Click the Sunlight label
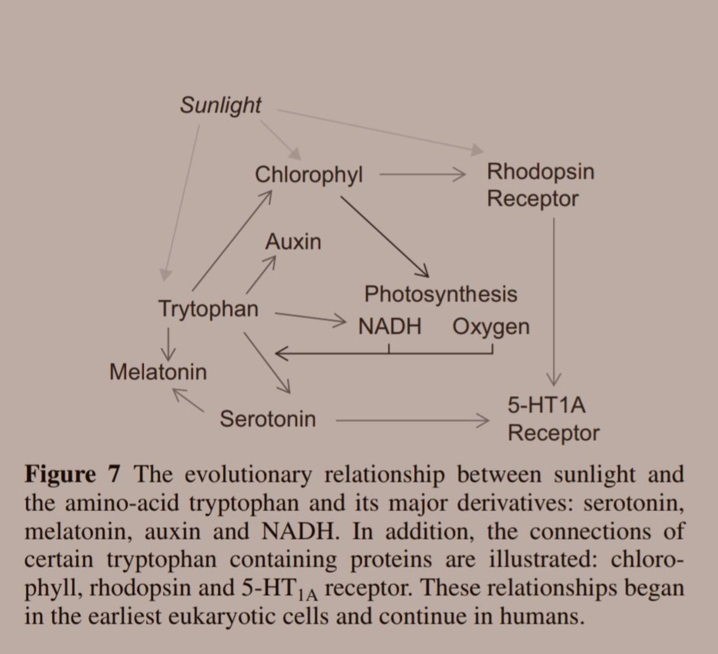[x=220, y=105]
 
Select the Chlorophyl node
[x=309, y=175]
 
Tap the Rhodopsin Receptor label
[x=540, y=185]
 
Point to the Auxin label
[x=293, y=242]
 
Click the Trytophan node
[x=208, y=309]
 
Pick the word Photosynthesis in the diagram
[x=441, y=294]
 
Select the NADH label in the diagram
[x=390, y=327]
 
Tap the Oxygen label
[x=491, y=327]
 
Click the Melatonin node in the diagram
[x=158, y=372]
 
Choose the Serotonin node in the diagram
[x=267, y=419]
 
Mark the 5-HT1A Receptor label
[x=553, y=419]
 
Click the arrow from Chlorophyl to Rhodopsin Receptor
[x=422, y=175]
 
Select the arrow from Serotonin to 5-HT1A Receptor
[x=413, y=421]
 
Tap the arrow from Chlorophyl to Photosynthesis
[x=385, y=237]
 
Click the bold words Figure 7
[x=73, y=474]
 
